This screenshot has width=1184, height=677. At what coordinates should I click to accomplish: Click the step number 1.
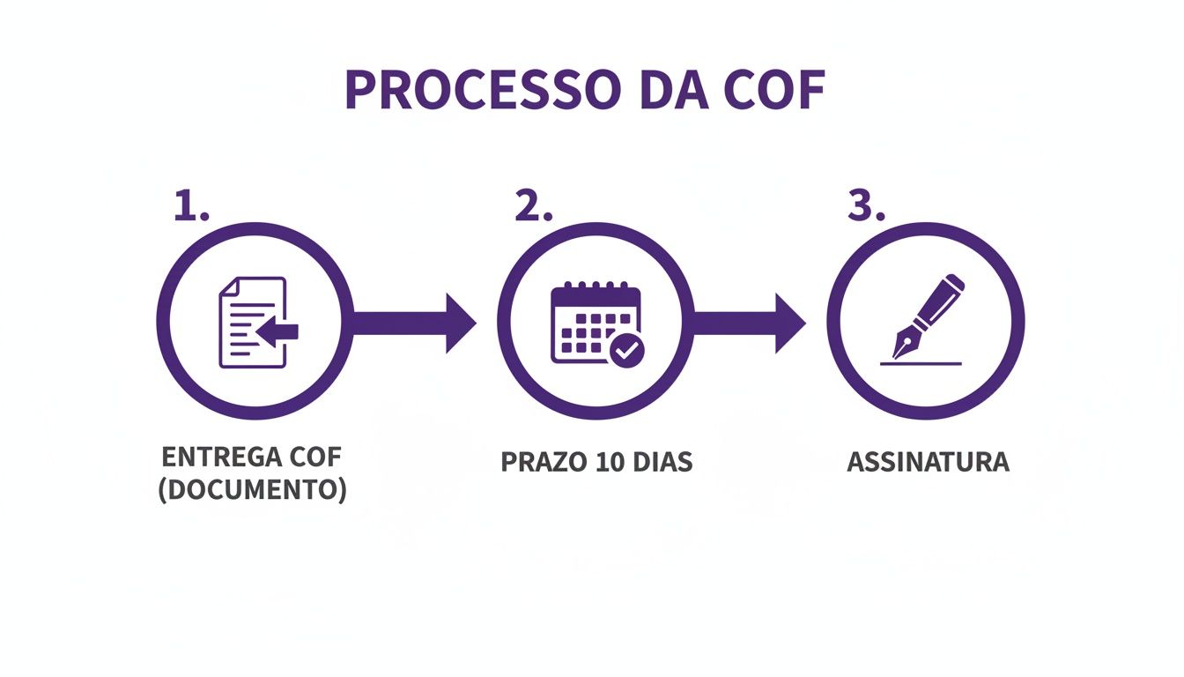(x=189, y=206)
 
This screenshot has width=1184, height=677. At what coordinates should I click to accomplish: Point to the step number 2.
(x=532, y=206)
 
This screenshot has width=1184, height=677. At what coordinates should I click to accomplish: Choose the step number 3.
(x=865, y=206)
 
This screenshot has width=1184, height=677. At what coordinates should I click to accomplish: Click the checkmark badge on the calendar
(x=627, y=351)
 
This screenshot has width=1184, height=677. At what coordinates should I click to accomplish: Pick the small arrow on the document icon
(x=278, y=331)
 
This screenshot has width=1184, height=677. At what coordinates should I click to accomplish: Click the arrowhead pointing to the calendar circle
(x=460, y=324)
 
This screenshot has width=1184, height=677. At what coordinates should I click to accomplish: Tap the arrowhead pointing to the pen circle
(x=789, y=324)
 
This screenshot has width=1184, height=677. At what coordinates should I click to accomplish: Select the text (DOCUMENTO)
(x=252, y=490)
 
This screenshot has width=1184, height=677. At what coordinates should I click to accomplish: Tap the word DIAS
(x=661, y=462)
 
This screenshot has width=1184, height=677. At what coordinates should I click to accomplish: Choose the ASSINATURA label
(x=928, y=462)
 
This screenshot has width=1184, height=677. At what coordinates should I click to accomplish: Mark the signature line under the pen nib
(x=921, y=362)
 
